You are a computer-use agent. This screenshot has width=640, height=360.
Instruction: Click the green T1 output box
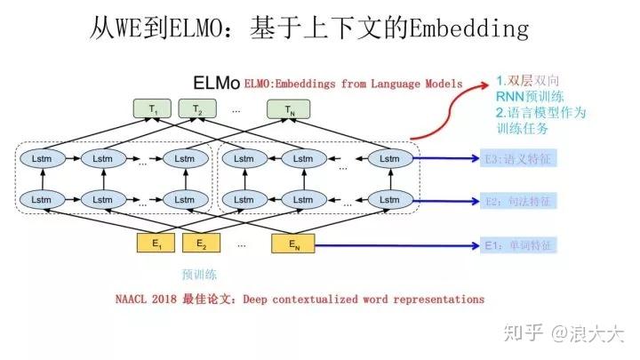pos(156,110)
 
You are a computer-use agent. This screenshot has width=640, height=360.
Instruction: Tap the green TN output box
pos(290,110)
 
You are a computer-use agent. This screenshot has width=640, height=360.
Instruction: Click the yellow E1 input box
pos(156,243)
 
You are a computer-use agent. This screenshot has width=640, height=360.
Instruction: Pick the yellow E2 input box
pos(202,243)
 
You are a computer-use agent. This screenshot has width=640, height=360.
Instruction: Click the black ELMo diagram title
pos(216,84)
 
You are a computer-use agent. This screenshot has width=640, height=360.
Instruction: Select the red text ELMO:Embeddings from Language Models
pos(353,84)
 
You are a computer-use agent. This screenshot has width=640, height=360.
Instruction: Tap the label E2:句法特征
pos(518,202)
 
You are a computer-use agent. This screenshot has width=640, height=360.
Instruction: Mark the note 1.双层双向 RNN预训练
pos(530,89)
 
